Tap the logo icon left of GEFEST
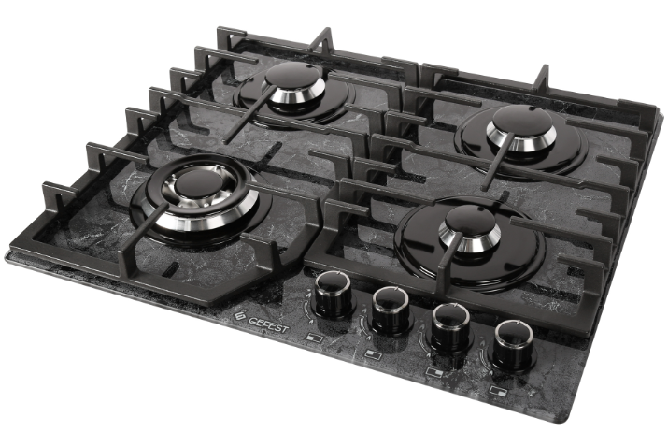pyautogui.click(x=241, y=315)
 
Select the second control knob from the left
pyautogui.click(x=391, y=310)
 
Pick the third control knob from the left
pyautogui.click(x=450, y=330)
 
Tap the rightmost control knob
pyautogui.click(x=513, y=345)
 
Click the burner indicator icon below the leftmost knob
pyautogui.click(x=315, y=338)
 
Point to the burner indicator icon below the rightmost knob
pyautogui.click(x=498, y=390)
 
